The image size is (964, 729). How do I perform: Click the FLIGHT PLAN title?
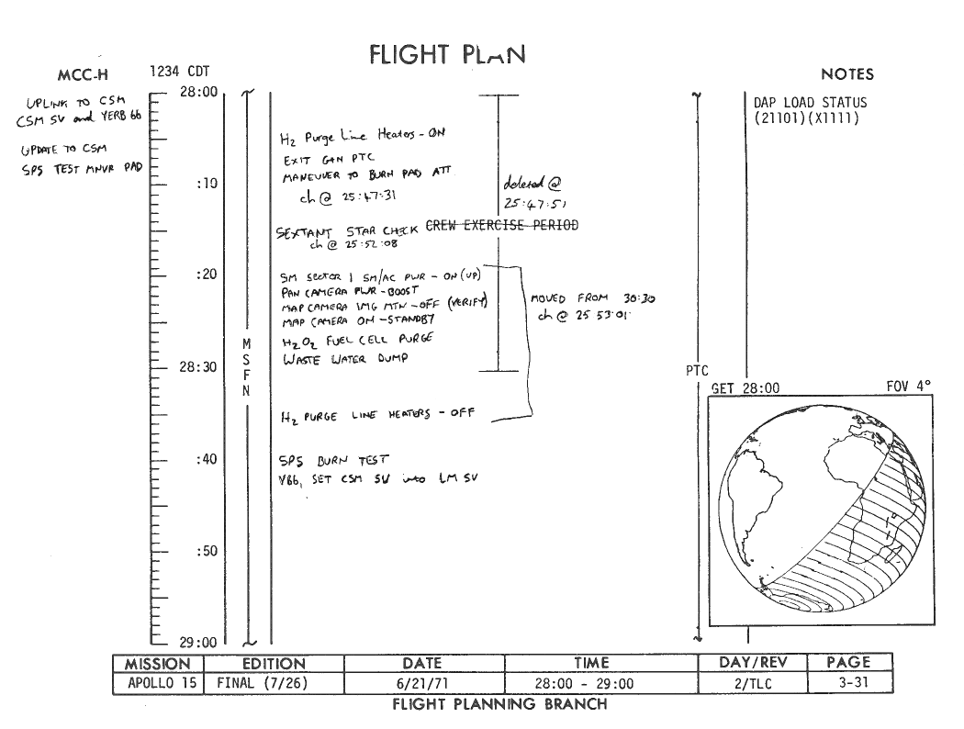click(447, 55)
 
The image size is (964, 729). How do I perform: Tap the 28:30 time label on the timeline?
click(197, 367)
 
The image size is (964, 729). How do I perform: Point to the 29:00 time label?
click(197, 642)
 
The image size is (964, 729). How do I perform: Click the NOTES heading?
click(847, 74)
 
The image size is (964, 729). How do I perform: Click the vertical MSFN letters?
click(246, 367)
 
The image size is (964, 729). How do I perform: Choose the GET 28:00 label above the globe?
click(745, 388)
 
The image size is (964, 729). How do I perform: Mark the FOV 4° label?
click(909, 387)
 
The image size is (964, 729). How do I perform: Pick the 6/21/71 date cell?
click(422, 683)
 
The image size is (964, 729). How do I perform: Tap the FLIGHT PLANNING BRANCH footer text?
click(499, 704)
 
